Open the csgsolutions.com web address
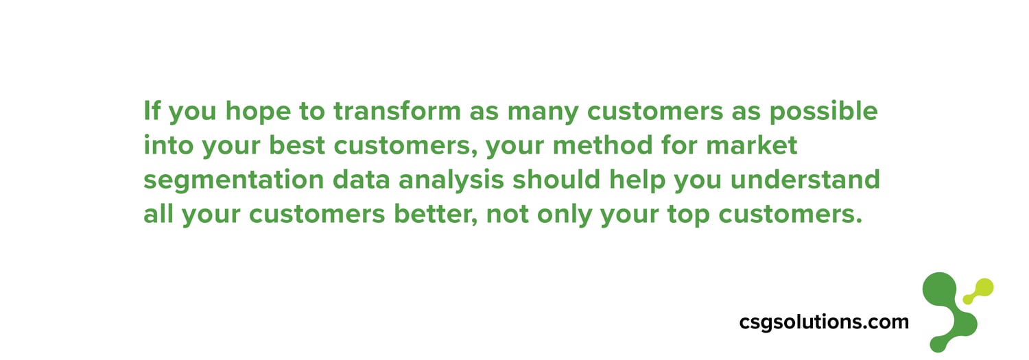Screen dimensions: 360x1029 click(x=824, y=321)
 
